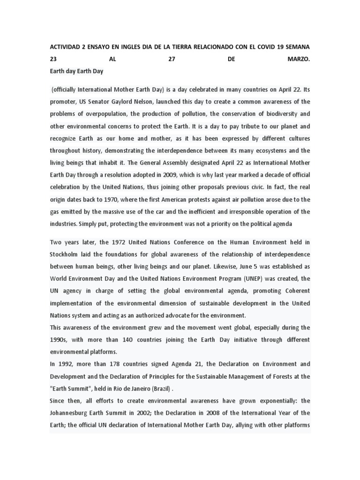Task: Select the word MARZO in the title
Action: click(298, 60)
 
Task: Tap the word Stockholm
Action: click(66, 254)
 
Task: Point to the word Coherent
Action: click(295, 291)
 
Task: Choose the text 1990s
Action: click(60, 339)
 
